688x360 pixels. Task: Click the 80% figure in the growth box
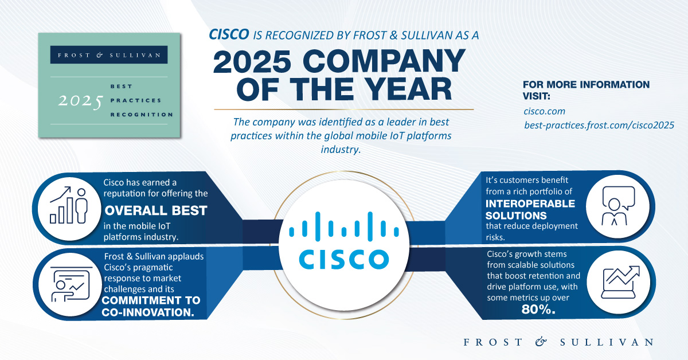(x=538, y=310)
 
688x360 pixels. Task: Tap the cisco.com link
(x=544, y=111)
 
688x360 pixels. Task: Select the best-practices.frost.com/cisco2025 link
(x=599, y=125)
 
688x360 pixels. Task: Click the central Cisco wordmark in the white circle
(x=344, y=259)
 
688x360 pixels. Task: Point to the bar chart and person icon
(x=69, y=205)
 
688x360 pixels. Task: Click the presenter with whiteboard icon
(x=71, y=284)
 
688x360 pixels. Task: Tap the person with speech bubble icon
(x=618, y=206)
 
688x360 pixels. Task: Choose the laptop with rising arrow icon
(x=620, y=282)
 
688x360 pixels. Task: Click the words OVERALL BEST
(x=156, y=211)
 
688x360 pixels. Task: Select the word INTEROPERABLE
(x=530, y=204)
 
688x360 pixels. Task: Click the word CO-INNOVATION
(x=148, y=312)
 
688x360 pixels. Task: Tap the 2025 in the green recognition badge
(x=80, y=101)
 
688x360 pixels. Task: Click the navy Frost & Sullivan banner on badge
(x=109, y=54)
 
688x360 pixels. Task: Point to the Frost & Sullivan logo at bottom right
(x=558, y=342)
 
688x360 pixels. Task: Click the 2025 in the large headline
(x=252, y=62)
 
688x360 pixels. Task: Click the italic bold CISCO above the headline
(x=229, y=34)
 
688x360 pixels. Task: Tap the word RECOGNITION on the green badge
(x=142, y=115)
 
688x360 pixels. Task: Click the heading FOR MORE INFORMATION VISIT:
(x=586, y=90)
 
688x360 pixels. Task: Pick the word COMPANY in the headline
(x=384, y=62)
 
